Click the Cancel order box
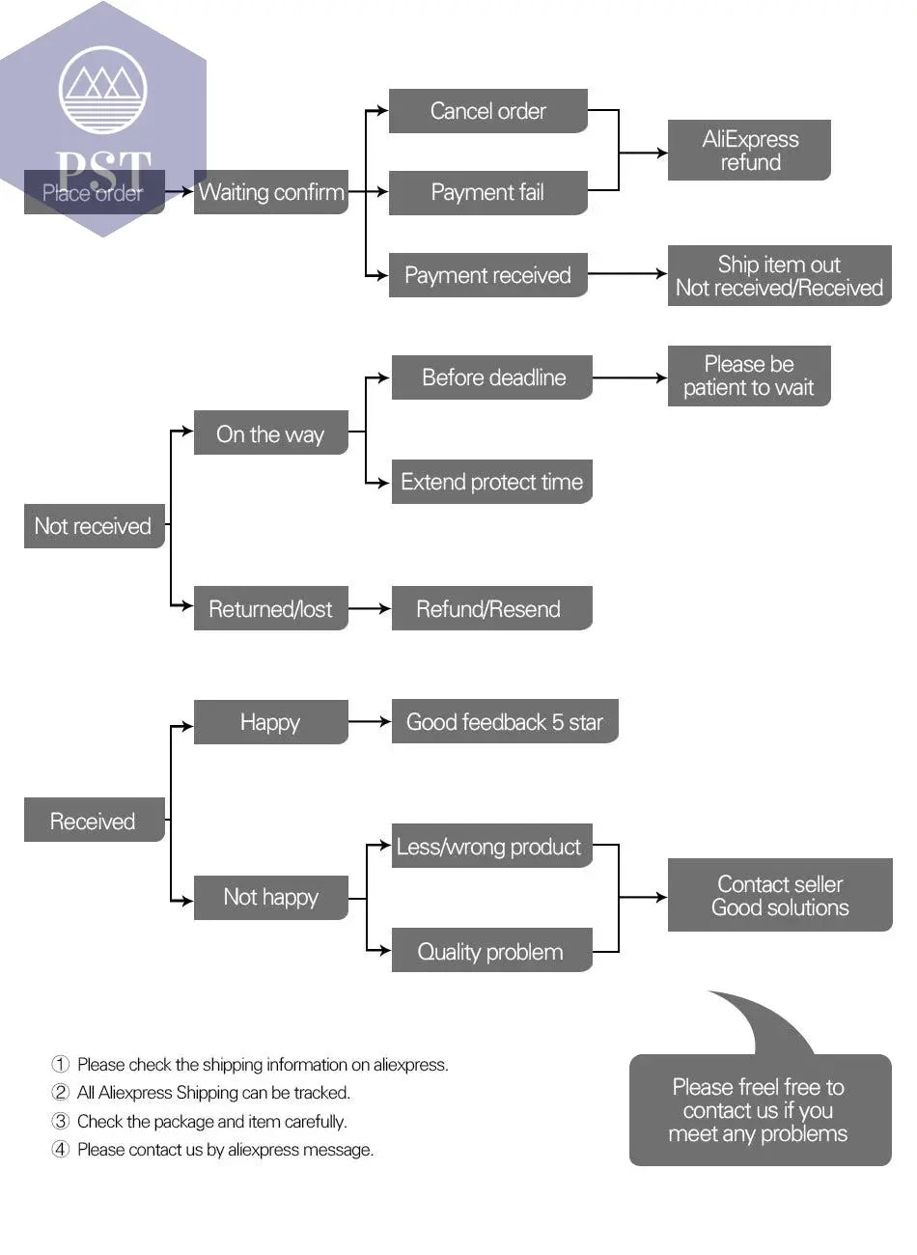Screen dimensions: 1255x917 [488, 111]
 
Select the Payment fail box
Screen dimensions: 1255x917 [488, 193]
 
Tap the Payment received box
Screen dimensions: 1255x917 [488, 275]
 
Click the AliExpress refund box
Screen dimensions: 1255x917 [749, 151]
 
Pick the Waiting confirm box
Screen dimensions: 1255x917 [271, 192]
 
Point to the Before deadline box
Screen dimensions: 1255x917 [492, 377]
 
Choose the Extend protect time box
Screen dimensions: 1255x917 [492, 482]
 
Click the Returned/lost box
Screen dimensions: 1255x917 [271, 609]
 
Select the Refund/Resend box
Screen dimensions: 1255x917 [492, 609]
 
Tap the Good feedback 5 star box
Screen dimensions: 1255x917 [505, 722]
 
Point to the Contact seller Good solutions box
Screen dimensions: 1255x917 [780, 896]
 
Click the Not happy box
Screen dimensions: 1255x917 [271, 898]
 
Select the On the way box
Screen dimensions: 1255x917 [271, 434]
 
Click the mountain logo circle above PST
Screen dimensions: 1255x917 [103, 90]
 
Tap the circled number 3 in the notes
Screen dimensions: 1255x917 [61, 1122]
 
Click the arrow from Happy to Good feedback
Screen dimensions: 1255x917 [370, 721]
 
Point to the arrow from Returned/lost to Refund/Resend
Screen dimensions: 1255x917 [370, 609]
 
